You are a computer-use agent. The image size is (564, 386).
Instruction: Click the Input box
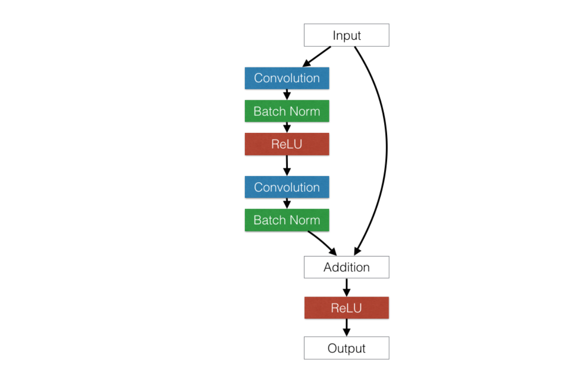347,35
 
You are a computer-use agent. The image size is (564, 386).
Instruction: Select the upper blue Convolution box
287,78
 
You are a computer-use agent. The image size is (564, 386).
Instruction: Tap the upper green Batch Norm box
287,111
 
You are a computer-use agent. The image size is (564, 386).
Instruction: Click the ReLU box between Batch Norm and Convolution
287,144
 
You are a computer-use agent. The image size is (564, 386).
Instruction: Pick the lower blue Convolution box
287,187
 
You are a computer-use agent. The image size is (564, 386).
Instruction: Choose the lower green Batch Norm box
287,220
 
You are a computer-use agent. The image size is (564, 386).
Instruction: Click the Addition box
347,267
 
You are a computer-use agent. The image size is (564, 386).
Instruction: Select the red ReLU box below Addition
347,307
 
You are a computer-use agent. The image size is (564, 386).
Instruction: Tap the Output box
347,348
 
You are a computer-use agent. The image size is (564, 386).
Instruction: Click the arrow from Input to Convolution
317,57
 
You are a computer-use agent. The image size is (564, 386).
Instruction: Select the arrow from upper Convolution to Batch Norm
287,95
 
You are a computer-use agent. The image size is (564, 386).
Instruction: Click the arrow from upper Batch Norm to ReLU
287,128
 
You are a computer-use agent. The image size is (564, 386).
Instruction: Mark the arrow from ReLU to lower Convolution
287,166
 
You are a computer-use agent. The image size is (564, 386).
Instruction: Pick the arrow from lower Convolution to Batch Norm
287,203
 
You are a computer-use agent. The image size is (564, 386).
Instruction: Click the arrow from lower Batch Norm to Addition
323,242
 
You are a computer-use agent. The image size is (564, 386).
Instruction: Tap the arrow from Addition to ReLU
347,287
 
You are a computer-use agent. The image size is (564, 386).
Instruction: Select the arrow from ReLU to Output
347,328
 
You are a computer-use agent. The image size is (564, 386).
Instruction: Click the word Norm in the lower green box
304,220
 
